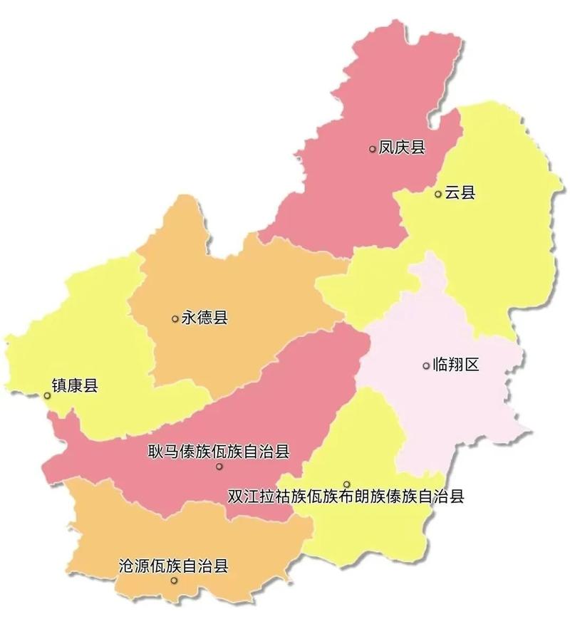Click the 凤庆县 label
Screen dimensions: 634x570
click(402, 148)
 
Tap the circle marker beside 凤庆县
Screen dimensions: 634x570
click(373, 149)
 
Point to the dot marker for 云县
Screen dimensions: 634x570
click(438, 194)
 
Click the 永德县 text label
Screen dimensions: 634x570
click(204, 318)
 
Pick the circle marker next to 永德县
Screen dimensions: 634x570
click(175, 318)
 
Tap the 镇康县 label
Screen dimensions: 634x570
click(75, 387)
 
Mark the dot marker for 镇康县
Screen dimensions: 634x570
click(47, 395)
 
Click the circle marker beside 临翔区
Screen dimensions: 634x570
click(426, 365)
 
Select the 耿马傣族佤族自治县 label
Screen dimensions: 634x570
click(219, 451)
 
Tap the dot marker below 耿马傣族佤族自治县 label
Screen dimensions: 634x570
click(219, 467)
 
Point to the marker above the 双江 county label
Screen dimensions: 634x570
click(347, 484)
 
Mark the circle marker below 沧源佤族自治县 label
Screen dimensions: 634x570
click(173, 581)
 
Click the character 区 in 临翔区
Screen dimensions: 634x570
click(471, 365)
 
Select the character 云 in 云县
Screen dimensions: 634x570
click(452, 193)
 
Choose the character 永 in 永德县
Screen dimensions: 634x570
click(189, 318)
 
